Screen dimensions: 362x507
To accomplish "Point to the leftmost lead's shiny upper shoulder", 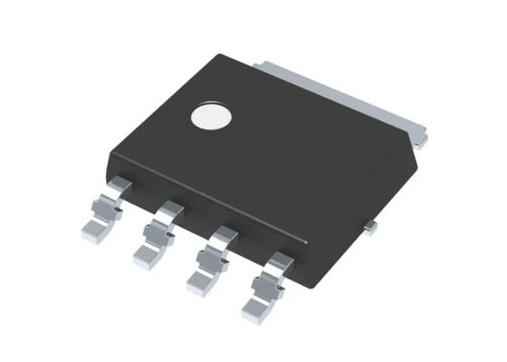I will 117,186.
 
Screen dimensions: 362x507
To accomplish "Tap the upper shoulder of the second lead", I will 169,211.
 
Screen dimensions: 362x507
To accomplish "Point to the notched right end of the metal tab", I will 421,136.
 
